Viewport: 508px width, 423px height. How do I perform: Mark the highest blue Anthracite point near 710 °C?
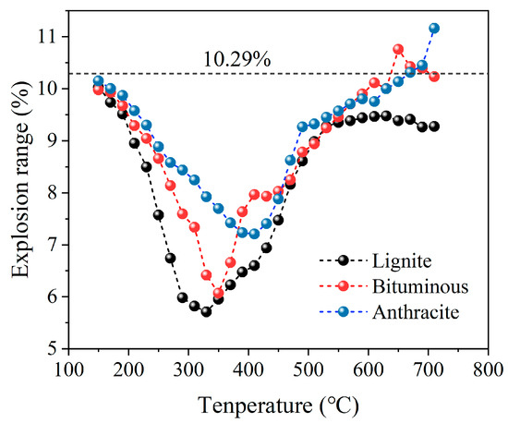click(434, 29)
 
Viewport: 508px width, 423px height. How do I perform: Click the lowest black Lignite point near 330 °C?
click(206, 311)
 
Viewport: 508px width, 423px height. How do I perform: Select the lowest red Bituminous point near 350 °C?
click(218, 294)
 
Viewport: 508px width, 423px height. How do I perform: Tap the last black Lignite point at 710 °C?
click(434, 126)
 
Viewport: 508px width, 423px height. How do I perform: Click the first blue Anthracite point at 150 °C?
click(98, 81)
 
